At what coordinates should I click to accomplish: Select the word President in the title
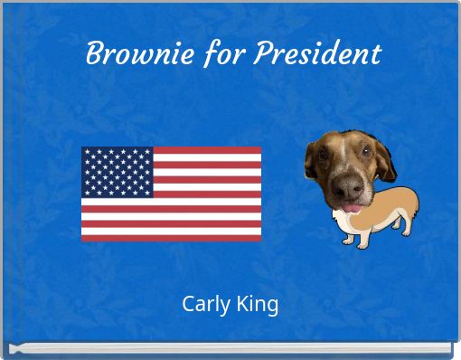[x=316, y=54]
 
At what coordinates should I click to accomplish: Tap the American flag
[x=172, y=194]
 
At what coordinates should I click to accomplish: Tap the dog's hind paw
[x=408, y=232]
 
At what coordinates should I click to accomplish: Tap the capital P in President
[x=261, y=54]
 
